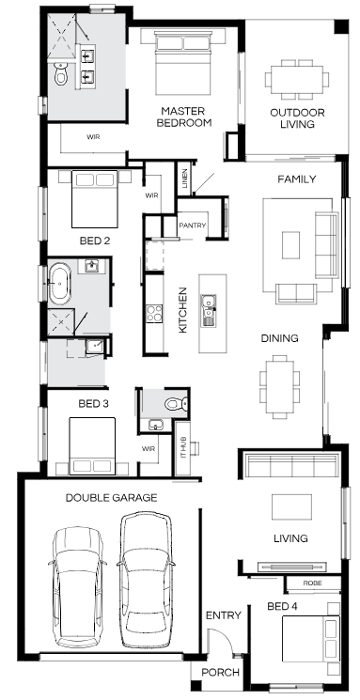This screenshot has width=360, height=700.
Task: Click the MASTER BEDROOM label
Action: tap(183, 117)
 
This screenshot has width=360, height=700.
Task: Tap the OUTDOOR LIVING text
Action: tap(297, 118)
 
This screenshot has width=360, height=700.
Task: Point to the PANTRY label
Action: tap(193, 226)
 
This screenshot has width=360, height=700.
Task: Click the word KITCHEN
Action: tap(182, 310)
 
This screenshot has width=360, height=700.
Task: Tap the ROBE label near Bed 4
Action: tap(313, 583)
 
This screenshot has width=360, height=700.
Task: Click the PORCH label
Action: tap(220, 673)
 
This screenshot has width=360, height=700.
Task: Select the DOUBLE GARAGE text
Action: tap(111, 497)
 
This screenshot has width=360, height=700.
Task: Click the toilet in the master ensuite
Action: tap(61, 73)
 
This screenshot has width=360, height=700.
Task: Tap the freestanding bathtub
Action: tap(59, 283)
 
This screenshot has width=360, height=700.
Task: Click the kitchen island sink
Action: tap(209, 310)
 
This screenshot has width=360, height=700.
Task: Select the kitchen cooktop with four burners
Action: tap(154, 313)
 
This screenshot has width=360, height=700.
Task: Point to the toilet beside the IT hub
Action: tap(176, 404)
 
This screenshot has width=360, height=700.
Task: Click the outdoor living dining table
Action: tap(297, 80)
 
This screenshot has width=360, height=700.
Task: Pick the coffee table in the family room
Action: tap(290, 244)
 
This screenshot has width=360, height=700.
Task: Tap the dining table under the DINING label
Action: tap(279, 386)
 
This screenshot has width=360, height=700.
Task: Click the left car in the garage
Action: tap(77, 587)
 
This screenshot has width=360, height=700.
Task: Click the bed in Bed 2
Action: tap(95, 198)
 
